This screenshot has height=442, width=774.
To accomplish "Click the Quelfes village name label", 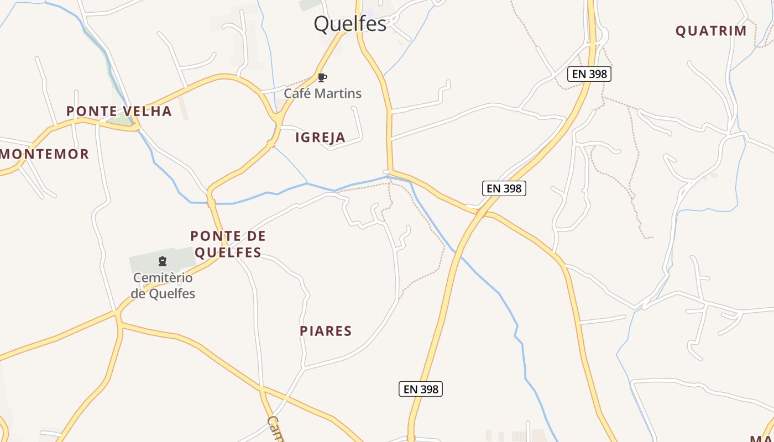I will pyautogui.click(x=350, y=24).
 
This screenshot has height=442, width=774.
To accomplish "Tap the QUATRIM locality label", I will pyautogui.click(x=711, y=31).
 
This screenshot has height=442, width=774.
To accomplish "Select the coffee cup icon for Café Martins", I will pyautogui.click(x=322, y=77).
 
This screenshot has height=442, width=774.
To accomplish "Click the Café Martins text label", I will pyautogui.click(x=323, y=93).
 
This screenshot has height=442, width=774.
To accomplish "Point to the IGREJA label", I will pyautogui.click(x=321, y=138).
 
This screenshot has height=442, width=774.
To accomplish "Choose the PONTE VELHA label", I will pyautogui.click(x=119, y=111).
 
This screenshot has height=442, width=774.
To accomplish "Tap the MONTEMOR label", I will pyautogui.click(x=45, y=154).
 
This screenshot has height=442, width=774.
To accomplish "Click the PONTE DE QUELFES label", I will pyautogui.click(x=228, y=244).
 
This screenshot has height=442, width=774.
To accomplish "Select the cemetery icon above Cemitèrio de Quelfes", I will pyautogui.click(x=163, y=261).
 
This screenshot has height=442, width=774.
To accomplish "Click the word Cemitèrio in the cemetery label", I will pyautogui.click(x=163, y=277).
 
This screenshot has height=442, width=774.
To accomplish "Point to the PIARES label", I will pyautogui.click(x=326, y=331).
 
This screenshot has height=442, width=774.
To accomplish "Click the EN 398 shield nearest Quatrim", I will pyautogui.click(x=589, y=74).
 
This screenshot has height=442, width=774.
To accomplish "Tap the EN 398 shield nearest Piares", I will pyautogui.click(x=421, y=389).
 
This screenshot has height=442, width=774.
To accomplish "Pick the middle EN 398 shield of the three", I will pyautogui.click(x=504, y=188).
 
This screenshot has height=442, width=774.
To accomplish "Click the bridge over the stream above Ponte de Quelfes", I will pyautogui.click(x=211, y=202).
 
